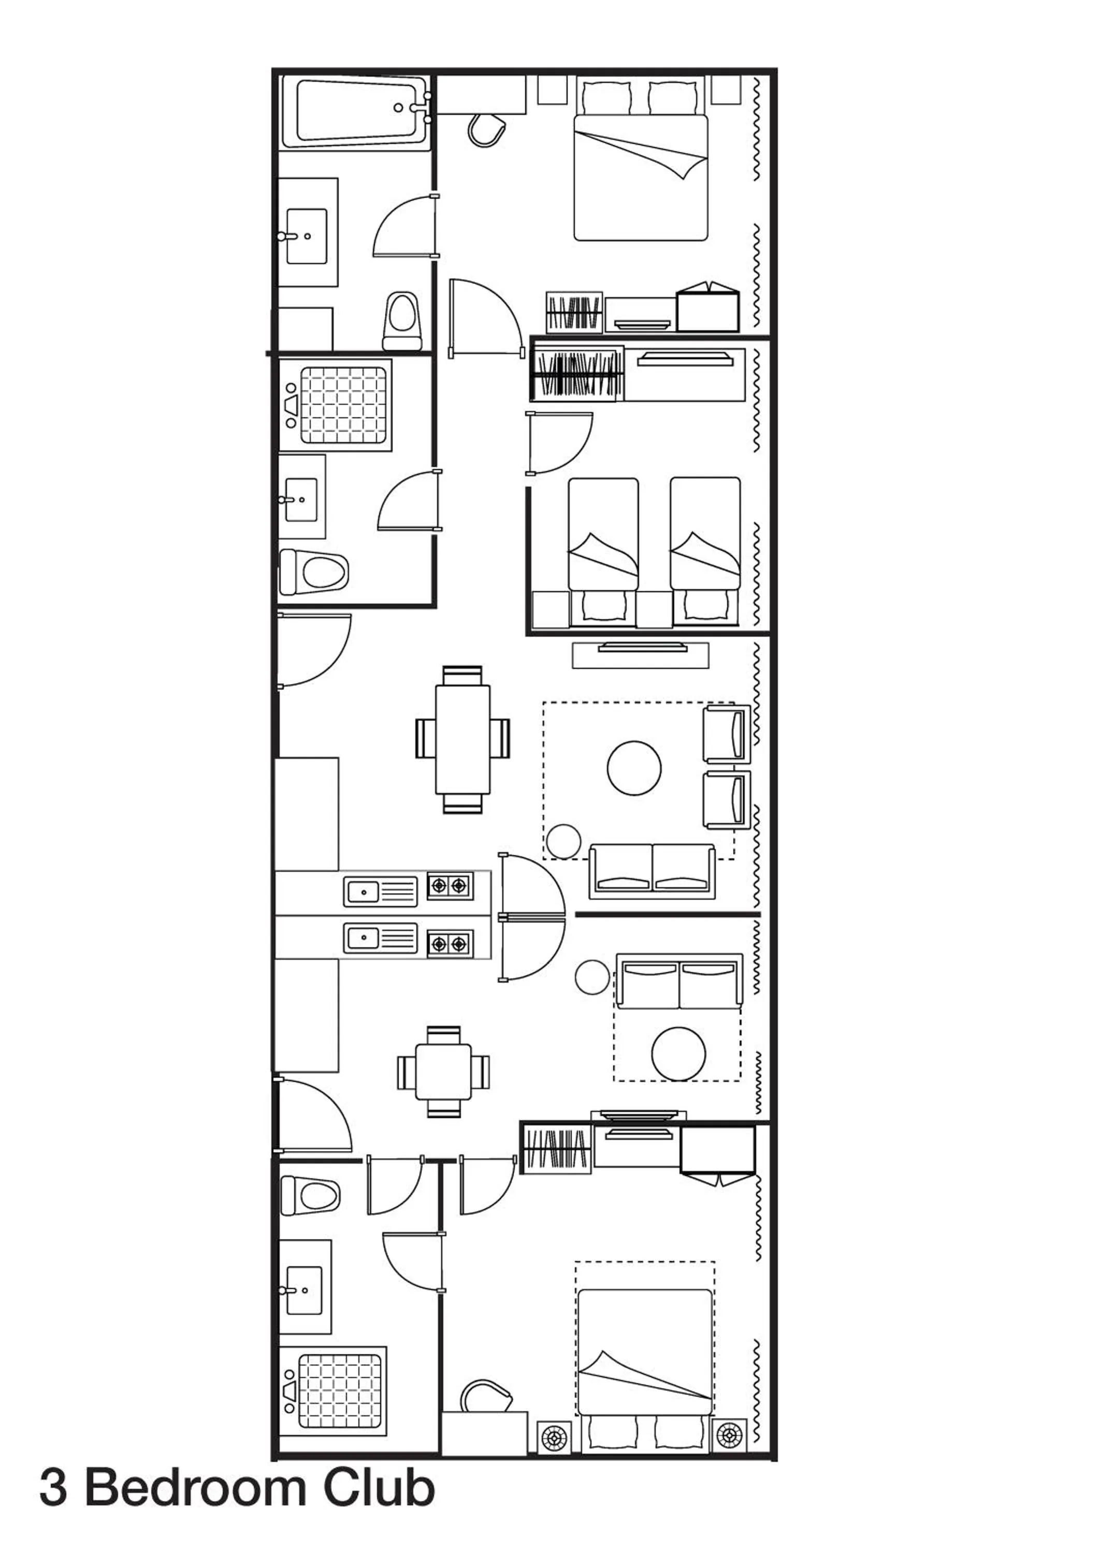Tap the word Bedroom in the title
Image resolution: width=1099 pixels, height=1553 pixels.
pyautogui.click(x=197, y=1507)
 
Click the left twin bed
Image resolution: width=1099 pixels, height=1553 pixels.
pyautogui.click(x=603, y=534)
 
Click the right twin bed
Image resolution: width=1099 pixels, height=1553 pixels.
pyautogui.click(x=705, y=534)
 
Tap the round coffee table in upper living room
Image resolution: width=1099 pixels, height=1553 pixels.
pyautogui.click(x=634, y=768)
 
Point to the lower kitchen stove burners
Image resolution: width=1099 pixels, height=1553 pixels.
pyautogui.click(x=450, y=943)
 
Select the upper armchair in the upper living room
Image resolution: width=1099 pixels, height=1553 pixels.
pyautogui.click(x=727, y=734)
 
